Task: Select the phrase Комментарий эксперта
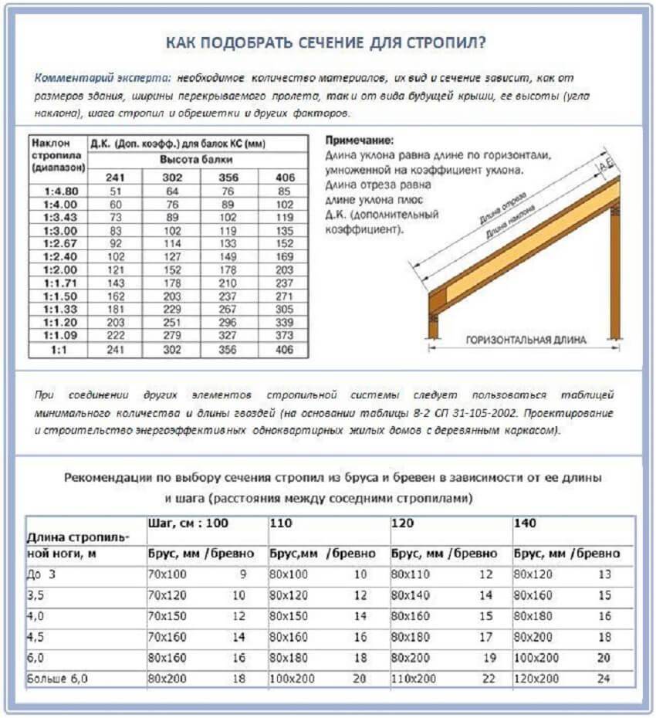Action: pyautogui.click(x=102, y=79)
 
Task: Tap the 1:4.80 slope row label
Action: pyautogui.click(x=58, y=191)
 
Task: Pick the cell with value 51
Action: pyautogui.click(x=116, y=191)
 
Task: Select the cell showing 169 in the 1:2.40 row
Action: pyautogui.click(x=284, y=257)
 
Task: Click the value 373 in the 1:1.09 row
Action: pyautogui.click(x=284, y=336)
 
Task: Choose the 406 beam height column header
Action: pyautogui.click(x=284, y=177)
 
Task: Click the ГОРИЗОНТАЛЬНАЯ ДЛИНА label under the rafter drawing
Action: pyautogui.click(x=525, y=340)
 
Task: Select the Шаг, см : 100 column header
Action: pyautogui.click(x=188, y=524)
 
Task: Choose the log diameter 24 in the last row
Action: pyautogui.click(x=604, y=679)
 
